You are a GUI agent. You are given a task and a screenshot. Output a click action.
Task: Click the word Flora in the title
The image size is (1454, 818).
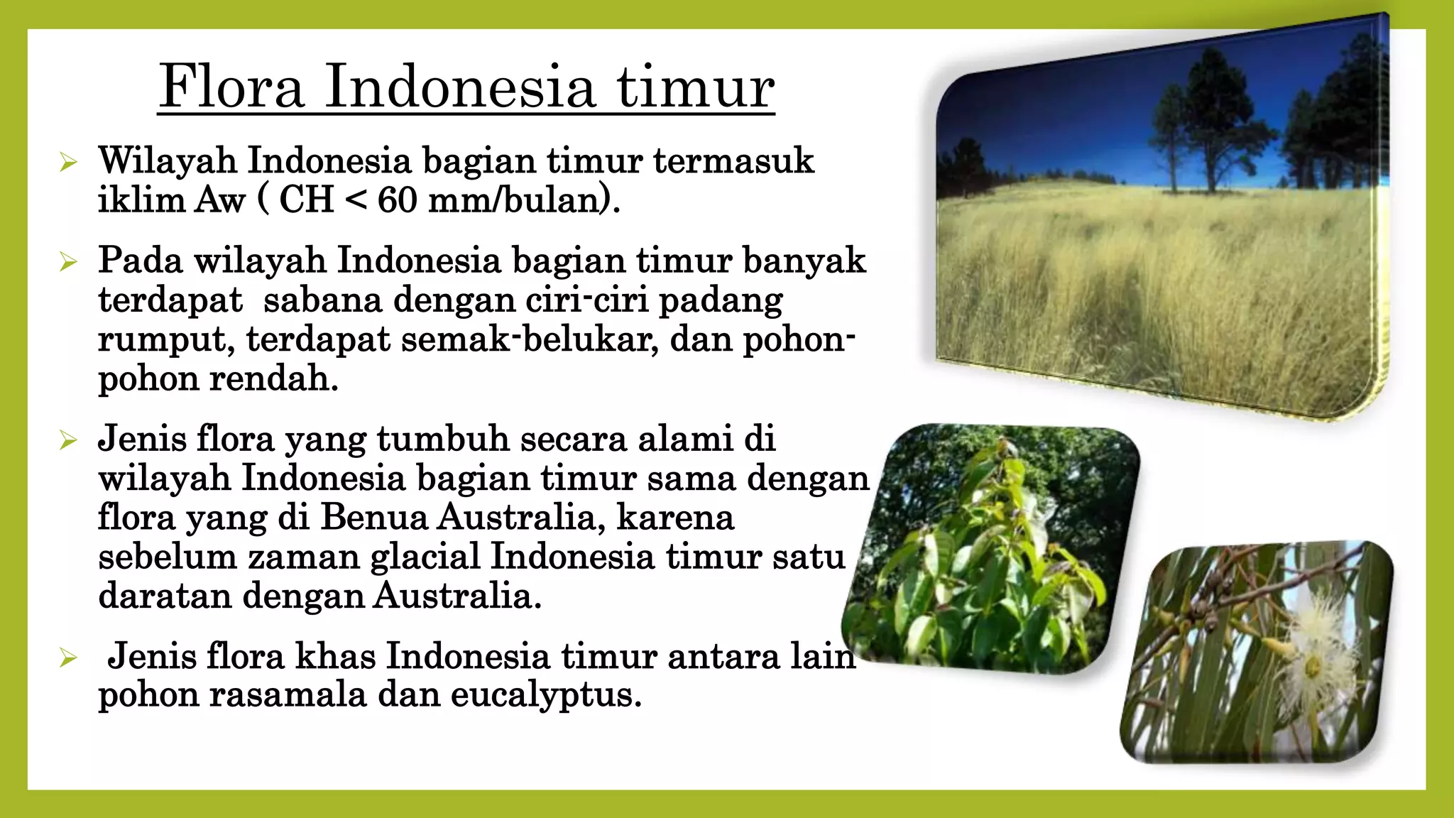[231, 87]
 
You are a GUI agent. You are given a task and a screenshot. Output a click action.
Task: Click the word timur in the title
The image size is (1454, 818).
[694, 87]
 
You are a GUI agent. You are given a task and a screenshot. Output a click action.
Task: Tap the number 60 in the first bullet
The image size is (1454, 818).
[397, 200]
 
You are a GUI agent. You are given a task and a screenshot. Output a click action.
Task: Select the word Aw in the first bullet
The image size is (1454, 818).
[220, 200]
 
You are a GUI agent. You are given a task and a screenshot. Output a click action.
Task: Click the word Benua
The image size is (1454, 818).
[373, 517]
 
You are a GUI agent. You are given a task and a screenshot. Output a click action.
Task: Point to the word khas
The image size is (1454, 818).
[335, 655]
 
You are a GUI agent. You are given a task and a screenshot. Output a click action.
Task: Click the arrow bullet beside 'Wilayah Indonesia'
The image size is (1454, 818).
[68, 163]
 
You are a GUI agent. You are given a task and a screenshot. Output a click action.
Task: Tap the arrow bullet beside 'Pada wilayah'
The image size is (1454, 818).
[68, 262]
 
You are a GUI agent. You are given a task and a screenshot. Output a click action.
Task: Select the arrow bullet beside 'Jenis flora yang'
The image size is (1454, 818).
[68, 440]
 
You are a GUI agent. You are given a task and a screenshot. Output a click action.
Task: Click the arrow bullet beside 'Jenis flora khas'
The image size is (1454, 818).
[68, 658]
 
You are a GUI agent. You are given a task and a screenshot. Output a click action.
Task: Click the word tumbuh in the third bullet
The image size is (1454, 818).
[443, 439]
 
